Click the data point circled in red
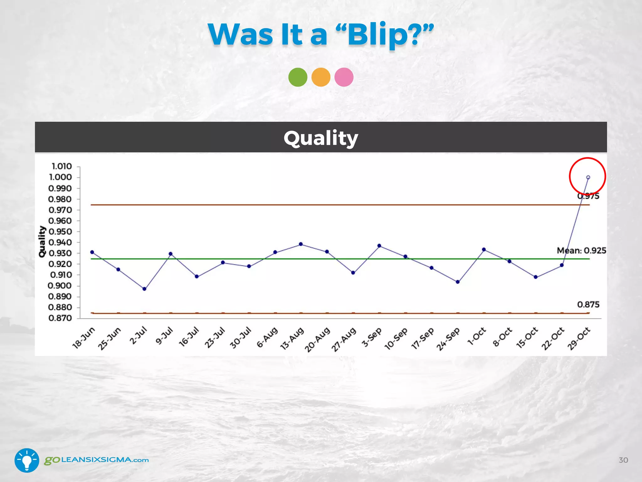588,177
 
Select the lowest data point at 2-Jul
145,289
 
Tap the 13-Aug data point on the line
301,244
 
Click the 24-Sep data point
458,282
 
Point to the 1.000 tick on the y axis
60,177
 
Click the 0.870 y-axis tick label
60,318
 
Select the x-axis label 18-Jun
84,338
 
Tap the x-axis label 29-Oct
579,338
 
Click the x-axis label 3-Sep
372,337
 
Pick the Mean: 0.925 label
581,250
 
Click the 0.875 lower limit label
588,304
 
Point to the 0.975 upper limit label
588,196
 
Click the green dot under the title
298,77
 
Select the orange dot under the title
321,77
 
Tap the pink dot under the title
344,77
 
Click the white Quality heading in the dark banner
321,138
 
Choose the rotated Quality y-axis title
42,242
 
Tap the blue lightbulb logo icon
27,460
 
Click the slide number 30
623,460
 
